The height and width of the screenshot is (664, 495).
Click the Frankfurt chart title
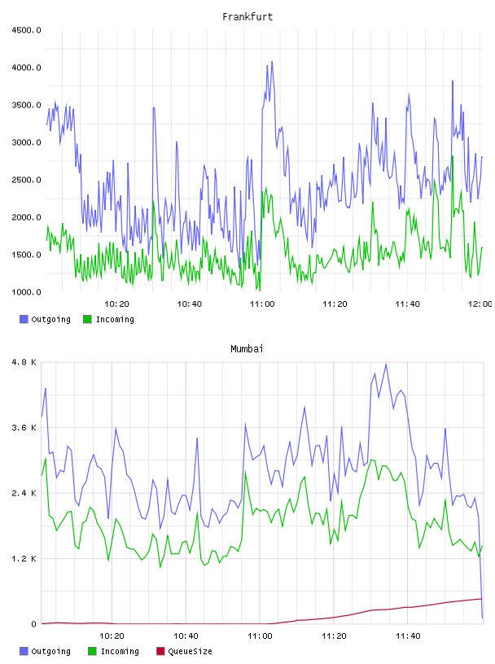pyautogui.click(x=247, y=17)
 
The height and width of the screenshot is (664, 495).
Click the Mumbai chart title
pyautogui.click(x=247, y=349)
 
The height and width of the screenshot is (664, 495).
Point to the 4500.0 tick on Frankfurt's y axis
pyautogui.click(x=26, y=30)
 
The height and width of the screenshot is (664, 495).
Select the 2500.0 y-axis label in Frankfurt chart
pyautogui.click(x=26, y=180)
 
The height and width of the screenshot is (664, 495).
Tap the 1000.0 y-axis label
pyautogui.click(x=26, y=292)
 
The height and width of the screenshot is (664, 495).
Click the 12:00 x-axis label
pyautogui.click(x=480, y=304)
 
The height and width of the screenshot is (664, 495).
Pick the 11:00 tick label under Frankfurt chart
pyautogui.click(x=262, y=304)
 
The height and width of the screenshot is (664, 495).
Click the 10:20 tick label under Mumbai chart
pyautogui.click(x=112, y=636)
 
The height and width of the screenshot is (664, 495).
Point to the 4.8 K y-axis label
pyautogui.click(x=24, y=362)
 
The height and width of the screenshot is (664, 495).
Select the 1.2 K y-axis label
pyautogui.click(x=24, y=559)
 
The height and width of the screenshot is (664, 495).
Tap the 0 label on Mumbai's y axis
pyautogui.click(x=33, y=624)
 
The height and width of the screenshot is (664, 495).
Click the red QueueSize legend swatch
pyautogui.click(x=160, y=651)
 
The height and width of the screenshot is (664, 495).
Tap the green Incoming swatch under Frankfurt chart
pyautogui.click(x=87, y=319)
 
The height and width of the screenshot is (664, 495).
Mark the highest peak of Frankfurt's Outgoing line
pyautogui.click(x=272, y=61)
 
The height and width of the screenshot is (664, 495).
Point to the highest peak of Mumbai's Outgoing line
pyautogui.click(x=386, y=364)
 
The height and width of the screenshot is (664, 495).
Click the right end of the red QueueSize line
pyautogui.click(x=482, y=599)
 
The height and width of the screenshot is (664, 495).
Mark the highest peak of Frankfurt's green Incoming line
pyautogui.click(x=453, y=156)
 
